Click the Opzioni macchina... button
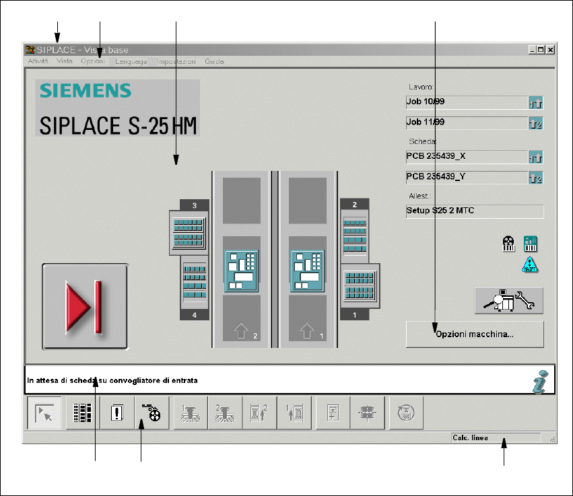(475, 334)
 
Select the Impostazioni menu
(176, 61)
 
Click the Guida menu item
(214, 61)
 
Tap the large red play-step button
(86, 306)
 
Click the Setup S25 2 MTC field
(474, 211)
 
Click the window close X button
(550, 50)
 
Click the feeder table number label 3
(195, 205)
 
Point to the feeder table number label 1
(355, 314)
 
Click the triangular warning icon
(529, 264)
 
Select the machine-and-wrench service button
(508, 300)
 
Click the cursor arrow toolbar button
(44, 413)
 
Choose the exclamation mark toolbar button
(118, 413)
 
